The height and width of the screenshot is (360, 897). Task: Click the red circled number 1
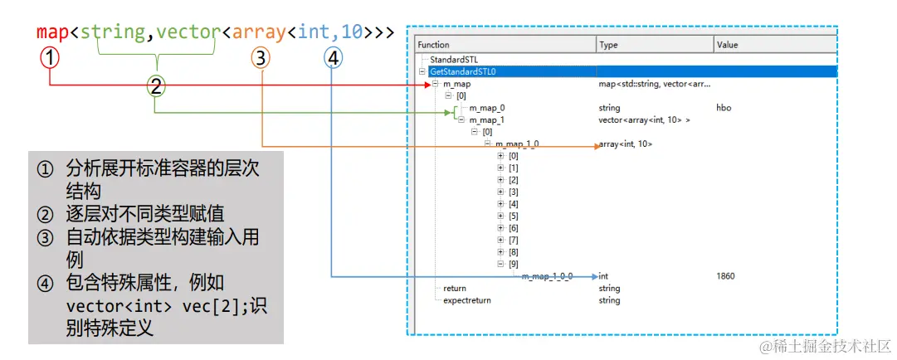(x=51, y=57)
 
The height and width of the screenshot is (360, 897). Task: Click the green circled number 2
(x=155, y=85)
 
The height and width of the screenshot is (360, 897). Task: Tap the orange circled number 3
(x=261, y=57)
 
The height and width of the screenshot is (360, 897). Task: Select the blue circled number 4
(x=332, y=57)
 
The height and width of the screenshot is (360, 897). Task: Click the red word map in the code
(x=53, y=32)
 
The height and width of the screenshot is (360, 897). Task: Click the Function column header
(x=433, y=45)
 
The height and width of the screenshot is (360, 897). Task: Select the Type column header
(x=608, y=45)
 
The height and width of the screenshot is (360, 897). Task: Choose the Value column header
(x=727, y=45)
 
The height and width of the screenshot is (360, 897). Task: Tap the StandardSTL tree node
(x=453, y=60)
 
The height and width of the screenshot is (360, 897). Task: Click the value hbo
(x=723, y=108)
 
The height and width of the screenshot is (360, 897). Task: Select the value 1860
(x=724, y=276)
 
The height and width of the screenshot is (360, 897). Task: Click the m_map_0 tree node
(x=486, y=108)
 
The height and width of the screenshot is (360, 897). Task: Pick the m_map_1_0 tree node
(x=516, y=144)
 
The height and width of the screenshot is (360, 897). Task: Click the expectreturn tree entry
(x=466, y=300)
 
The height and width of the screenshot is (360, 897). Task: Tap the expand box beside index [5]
(x=500, y=216)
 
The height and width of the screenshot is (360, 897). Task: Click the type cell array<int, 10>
(x=625, y=144)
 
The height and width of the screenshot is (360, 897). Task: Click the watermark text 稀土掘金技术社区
(x=827, y=344)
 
